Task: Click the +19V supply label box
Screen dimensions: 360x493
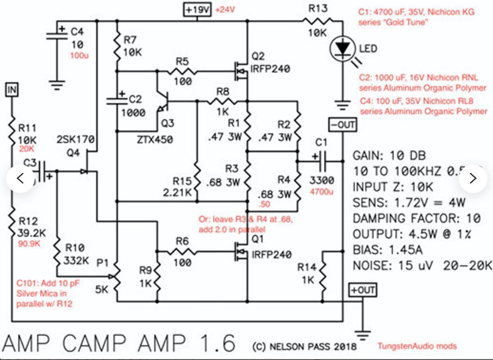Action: (x=198, y=10)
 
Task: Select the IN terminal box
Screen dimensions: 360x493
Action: (x=11, y=90)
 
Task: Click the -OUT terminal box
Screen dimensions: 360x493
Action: (x=342, y=125)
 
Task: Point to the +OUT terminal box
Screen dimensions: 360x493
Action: (x=362, y=290)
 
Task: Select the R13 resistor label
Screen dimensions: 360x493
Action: (x=319, y=8)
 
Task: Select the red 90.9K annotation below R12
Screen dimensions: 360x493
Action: (x=30, y=244)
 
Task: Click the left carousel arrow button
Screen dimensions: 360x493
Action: (x=20, y=178)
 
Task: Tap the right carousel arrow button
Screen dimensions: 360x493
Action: (x=473, y=178)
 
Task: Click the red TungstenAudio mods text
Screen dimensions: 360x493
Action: (x=417, y=346)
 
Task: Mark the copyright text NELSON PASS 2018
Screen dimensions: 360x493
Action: (x=304, y=346)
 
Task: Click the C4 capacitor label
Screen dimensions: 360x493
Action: (x=76, y=32)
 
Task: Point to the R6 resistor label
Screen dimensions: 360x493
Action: (x=182, y=241)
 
